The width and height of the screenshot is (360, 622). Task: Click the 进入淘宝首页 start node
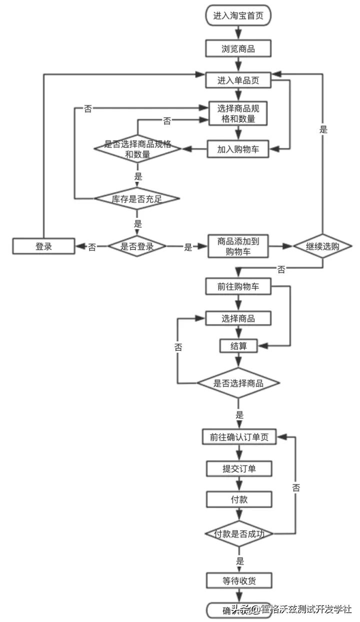[x=238, y=15]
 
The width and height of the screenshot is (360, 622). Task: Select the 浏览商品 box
[x=238, y=48]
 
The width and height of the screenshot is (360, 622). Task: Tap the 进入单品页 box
[x=238, y=80]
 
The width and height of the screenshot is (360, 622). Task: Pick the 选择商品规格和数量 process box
[x=238, y=114]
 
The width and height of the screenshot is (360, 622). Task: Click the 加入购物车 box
[x=238, y=148]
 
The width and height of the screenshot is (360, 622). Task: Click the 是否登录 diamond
[x=137, y=246]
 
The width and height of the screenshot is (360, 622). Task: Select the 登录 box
[x=43, y=246]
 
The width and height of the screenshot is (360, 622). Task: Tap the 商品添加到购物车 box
[x=238, y=246]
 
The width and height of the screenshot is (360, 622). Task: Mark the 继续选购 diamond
[x=322, y=246]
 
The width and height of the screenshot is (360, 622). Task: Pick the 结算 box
[x=238, y=346]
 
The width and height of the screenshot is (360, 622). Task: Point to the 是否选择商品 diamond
[x=238, y=383]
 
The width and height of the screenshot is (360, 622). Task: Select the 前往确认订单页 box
[x=238, y=437]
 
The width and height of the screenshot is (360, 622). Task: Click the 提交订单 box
[x=238, y=469]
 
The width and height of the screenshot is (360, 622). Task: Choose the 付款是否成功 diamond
[x=238, y=534]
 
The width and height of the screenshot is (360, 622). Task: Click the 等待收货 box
[x=238, y=581]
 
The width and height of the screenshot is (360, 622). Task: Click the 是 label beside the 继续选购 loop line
[x=323, y=130]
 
